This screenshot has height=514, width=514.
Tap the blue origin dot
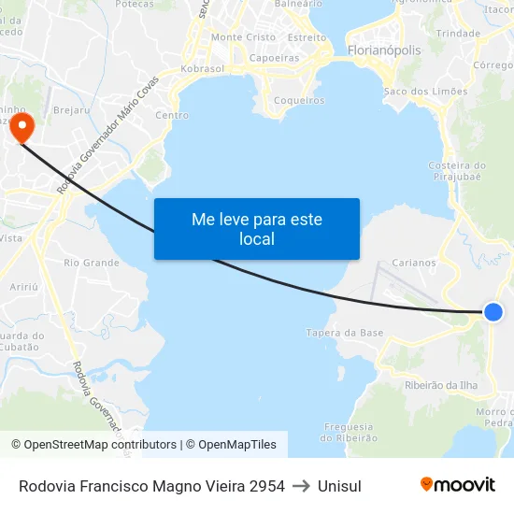tap(493, 312)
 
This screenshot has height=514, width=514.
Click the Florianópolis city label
tap(383, 50)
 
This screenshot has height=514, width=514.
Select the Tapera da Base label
tap(345, 333)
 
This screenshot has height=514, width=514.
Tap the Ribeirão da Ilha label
tap(441, 385)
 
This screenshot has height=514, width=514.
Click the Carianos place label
tap(414, 263)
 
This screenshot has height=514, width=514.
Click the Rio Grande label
tap(92, 263)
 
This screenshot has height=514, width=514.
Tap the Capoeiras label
tap(275, 57)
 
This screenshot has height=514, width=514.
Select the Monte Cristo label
tap(243, 37)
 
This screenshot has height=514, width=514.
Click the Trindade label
tap(458, 33)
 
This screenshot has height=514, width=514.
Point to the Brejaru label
tap(71, 109)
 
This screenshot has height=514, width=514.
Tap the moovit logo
tap(457, 484)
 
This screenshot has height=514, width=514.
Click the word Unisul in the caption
tap(339, 485)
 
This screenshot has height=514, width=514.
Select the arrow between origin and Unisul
tap(301, 485)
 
